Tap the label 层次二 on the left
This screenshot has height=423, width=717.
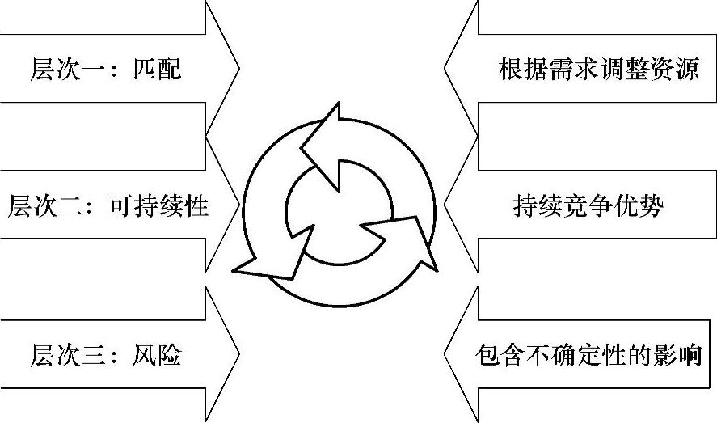tap(44, 206)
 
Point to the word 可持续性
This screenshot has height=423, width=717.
tap(158, 206)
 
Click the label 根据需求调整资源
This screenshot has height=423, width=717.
tap(598, 68)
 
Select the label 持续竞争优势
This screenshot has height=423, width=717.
tap(588, 206)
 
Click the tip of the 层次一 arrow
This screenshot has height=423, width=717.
tap(238, 68)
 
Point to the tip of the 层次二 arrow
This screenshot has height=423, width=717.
tap(240, 205)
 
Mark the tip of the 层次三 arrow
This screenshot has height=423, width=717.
tap(238, 353)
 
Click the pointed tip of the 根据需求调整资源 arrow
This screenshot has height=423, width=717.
tap(445, 68)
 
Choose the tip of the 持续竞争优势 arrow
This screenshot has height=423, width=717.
tap(445, 205)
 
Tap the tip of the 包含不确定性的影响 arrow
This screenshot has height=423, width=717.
tap(445, 353)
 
